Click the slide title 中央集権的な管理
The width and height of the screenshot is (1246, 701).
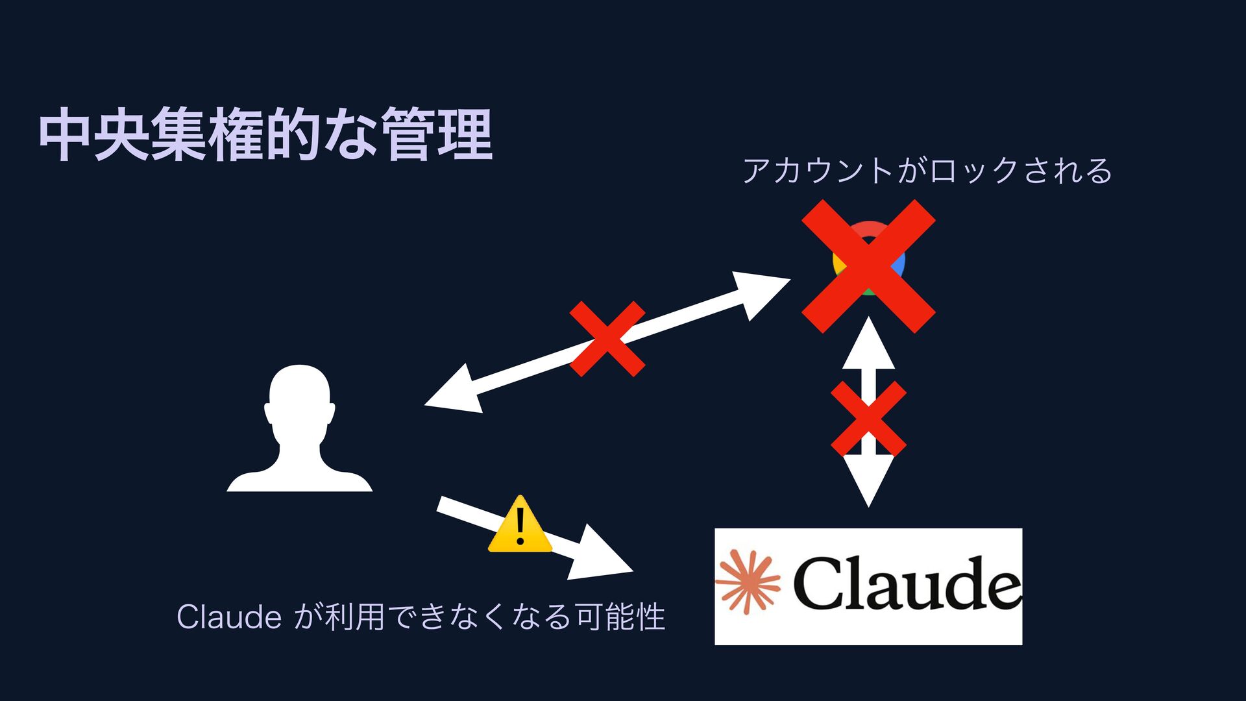(266, 135)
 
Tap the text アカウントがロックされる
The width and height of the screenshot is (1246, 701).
(927, 171)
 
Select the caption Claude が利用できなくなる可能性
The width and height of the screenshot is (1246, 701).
(421, 617)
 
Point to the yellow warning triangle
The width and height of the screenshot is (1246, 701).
(520, 526)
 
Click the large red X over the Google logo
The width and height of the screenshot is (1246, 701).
(868, 266)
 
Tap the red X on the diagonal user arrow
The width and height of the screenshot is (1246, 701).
(607, 338)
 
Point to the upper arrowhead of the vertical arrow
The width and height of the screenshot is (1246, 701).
(868, 344)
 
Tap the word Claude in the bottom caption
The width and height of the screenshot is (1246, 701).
(228, 617)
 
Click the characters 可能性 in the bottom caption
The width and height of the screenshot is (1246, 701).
(620, 617)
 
